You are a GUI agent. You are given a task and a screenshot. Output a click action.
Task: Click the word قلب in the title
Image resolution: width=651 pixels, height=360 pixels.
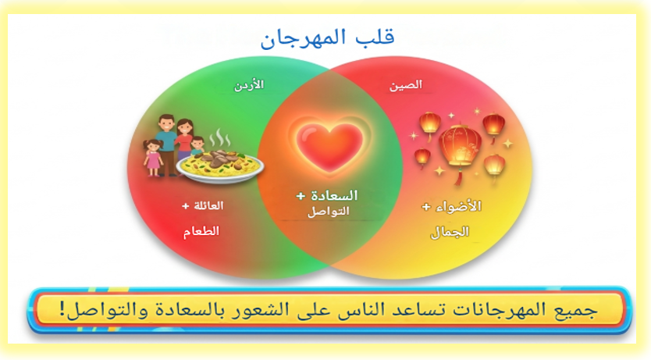pos(375,37)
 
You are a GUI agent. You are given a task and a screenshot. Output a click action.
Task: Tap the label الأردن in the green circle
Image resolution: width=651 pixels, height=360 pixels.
pos(249,85)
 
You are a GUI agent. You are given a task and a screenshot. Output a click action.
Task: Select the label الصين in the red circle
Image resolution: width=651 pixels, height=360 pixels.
pos(406,85)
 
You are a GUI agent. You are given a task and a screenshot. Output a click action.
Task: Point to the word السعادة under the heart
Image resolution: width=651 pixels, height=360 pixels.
pos(334,195)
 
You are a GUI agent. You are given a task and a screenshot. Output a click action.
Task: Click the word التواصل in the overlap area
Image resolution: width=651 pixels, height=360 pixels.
pos(328,212)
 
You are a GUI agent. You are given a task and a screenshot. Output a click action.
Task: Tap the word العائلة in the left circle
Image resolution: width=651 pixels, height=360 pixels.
pos(208,205)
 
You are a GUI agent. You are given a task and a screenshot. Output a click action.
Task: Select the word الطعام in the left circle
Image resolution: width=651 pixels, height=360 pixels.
pos(201,231)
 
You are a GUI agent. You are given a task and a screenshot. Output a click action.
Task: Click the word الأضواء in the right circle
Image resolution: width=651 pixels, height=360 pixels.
pos(458,206)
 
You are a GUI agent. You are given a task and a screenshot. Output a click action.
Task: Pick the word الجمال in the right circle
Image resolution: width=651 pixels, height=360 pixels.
pos(450,232)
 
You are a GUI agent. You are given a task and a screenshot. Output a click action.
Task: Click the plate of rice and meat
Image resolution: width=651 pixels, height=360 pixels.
pos(220,166)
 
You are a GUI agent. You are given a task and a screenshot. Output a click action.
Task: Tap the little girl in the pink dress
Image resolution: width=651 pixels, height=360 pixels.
pos(153,158)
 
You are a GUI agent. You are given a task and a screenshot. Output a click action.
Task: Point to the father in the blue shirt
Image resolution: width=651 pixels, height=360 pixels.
pos(166,143)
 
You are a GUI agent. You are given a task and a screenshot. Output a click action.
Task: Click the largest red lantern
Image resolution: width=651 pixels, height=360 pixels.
pos(460,145)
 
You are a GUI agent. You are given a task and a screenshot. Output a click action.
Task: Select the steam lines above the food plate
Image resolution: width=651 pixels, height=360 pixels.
pos(219,138)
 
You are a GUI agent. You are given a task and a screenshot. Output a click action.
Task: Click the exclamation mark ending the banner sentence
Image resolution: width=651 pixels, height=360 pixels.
pos(62,309)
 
